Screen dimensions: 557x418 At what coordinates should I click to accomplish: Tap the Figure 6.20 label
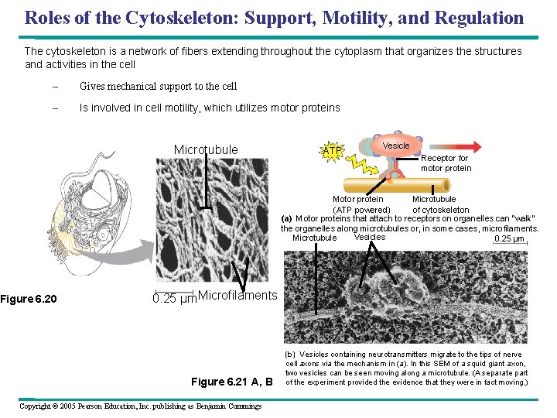(29, 300)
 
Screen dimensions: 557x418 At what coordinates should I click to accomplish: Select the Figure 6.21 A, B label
(232, 382)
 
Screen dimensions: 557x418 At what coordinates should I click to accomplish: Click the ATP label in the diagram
(332, 150)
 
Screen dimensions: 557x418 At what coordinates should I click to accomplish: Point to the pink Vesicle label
(396, 146)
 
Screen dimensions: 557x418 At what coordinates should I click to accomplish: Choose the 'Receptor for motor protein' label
(446, 163)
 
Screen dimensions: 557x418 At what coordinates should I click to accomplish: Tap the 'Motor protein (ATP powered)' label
(361, 204)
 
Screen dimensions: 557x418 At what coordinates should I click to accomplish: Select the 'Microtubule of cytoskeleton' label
(440, 204)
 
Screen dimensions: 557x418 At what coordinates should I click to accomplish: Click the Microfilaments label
(237, 295)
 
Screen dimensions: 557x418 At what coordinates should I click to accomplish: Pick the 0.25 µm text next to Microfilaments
(174, 300)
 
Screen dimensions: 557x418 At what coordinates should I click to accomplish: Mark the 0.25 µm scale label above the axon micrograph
(509, 238)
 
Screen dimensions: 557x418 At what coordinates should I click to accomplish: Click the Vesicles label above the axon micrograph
(369, 237)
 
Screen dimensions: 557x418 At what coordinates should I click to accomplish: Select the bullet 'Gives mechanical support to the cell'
(158, 87)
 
